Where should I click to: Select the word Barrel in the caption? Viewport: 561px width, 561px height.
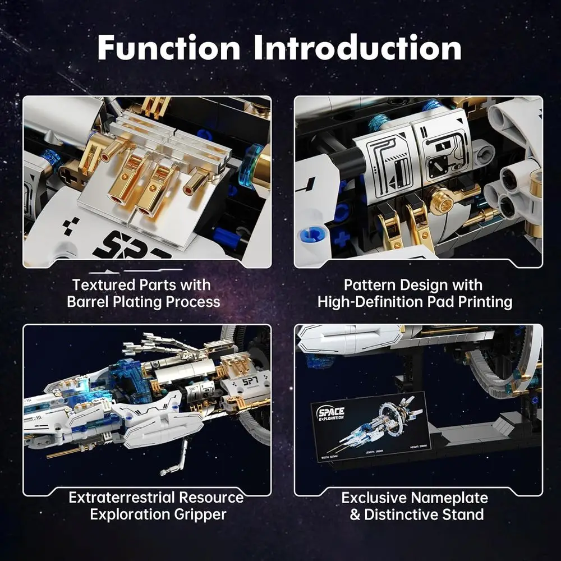click(x=90, y=302)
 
